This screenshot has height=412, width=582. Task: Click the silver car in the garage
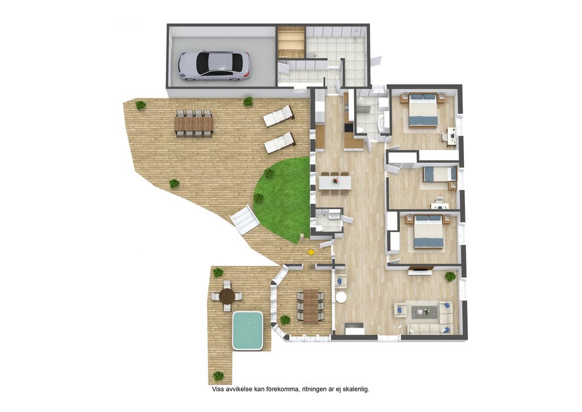(x=214, y=66)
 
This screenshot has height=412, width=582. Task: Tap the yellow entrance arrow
(x=311, y=252)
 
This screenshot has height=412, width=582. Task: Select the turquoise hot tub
(x=248, y=331)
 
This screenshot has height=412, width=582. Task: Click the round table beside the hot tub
(x=226, y=296)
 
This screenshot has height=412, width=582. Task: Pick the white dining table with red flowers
(x=335, y=182)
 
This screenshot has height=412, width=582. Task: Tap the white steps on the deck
(x=244, y=221)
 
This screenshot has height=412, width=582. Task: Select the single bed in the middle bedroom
(x=440, y=174)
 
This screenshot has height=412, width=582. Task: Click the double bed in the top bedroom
(x=423, y=110)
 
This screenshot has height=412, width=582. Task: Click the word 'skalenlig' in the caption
(x=356, y=389)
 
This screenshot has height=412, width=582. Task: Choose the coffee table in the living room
(x=423, y=311)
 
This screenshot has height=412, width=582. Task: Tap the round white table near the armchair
(x=341, y=298)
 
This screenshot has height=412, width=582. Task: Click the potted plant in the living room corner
(x=450, y=276)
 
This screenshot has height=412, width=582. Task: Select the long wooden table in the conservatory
(x=311, y=306)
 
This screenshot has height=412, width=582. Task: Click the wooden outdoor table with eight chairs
(x=194, y=124)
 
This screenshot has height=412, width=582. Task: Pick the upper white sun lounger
(x=278, y=116)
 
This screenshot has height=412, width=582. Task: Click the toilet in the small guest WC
(x=319, y=228)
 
